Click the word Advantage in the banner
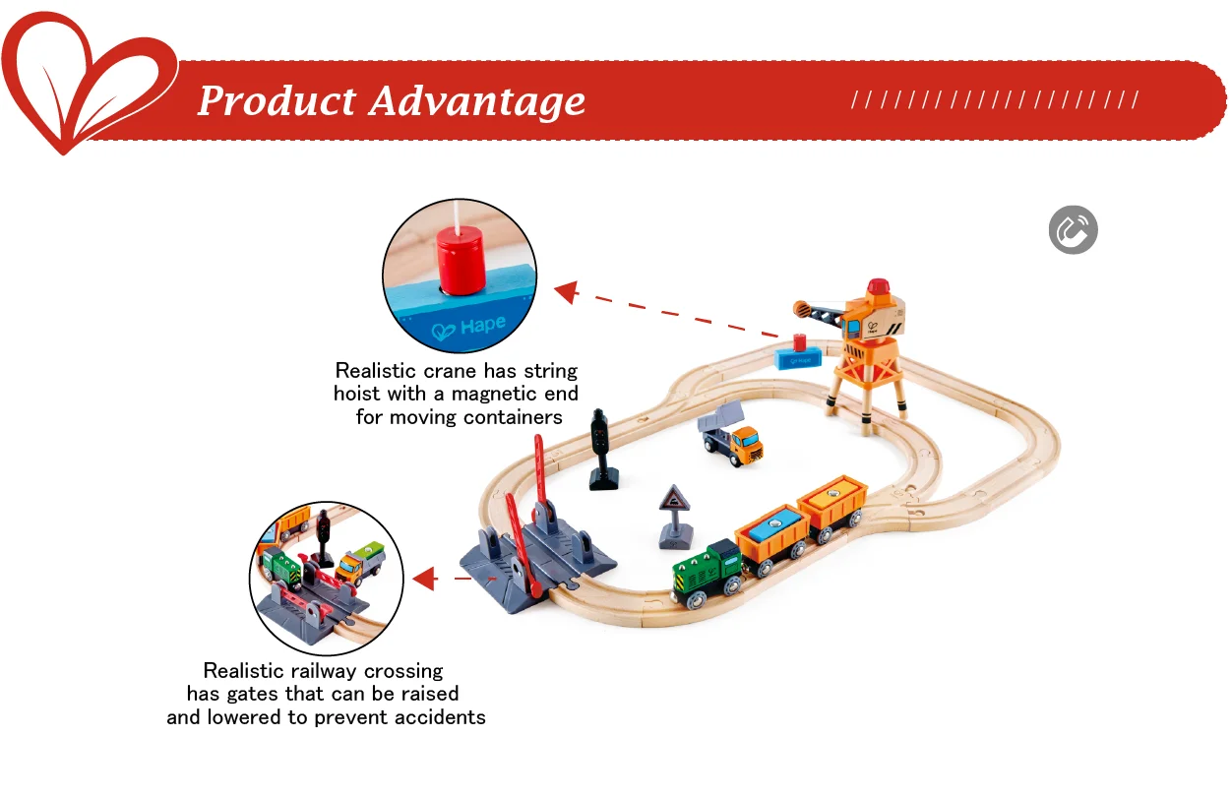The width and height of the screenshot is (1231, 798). [477, 102]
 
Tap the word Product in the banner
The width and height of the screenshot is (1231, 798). [277, 100]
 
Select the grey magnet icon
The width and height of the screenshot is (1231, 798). [1073, 229]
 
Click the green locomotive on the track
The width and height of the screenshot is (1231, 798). [707, 574]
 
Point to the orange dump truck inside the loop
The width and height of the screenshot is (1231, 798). [730, 435]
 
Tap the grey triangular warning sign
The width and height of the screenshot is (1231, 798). [675, 517]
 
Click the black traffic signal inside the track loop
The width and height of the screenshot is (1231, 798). [602, 450]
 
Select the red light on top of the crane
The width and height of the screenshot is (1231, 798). [878, 287]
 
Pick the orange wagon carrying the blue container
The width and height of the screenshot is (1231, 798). [772, 540]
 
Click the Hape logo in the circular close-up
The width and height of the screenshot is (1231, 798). [468, 327]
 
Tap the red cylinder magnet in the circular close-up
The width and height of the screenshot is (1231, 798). [461, 260]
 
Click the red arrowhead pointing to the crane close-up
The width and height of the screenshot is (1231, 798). [566, 291]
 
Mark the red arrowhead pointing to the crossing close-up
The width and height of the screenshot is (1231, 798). [425, 579]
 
